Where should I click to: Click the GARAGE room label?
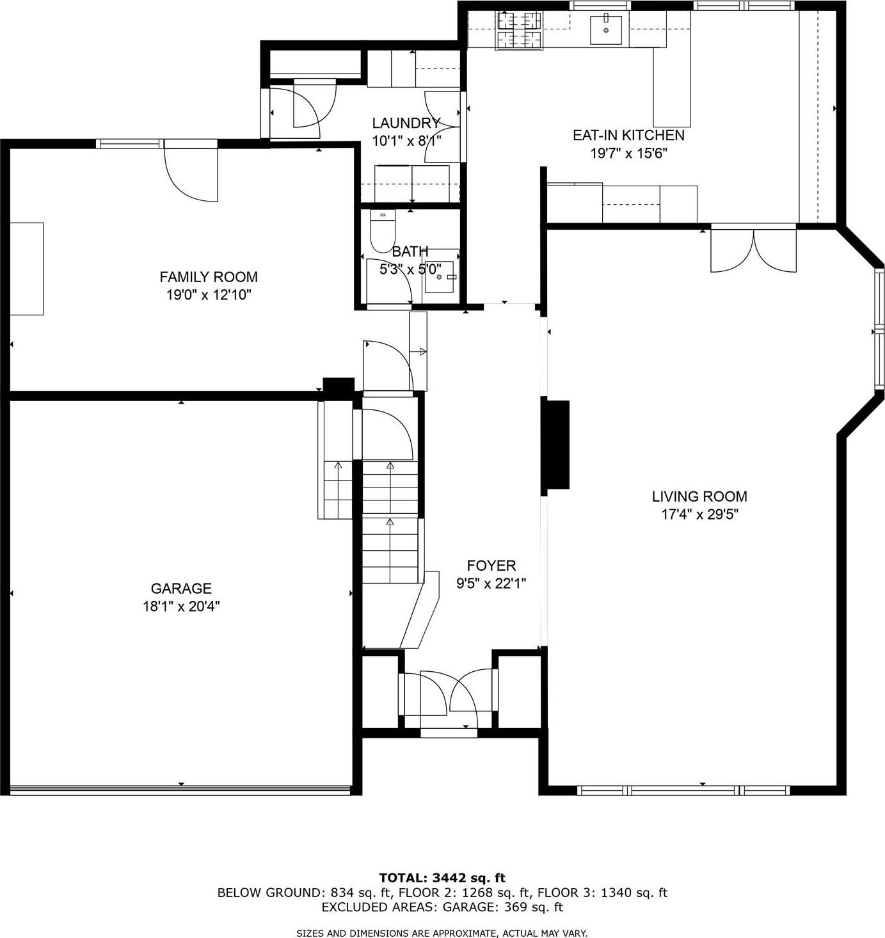[x=181, y=588]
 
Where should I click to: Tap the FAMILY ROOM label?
[x=208, y=277]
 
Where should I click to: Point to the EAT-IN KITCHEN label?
[x=628, y=135]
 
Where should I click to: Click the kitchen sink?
[x=605, y=30]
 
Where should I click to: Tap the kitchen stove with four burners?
[x=518, y=31]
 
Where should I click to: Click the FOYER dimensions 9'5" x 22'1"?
[x=491, y=584]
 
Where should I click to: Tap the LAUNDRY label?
[x=406, y=123]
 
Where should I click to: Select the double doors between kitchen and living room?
[x=753, y=250]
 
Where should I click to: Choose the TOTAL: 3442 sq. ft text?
[x=442, y=878]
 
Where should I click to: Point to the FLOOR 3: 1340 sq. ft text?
[x=602, y=893]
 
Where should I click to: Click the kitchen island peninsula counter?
[x=672, y=86]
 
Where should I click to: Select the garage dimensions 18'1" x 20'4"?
[x=181, y=606]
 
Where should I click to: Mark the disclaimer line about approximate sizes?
[x=442, y=934]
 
